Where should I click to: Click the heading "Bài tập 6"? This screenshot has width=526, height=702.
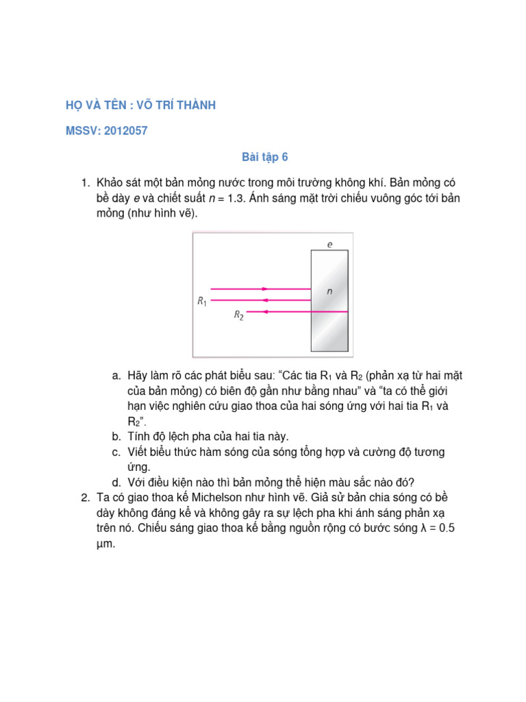[265, 158]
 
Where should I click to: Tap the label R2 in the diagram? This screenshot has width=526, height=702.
[238, 315]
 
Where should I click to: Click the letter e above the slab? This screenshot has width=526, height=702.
[329, 244]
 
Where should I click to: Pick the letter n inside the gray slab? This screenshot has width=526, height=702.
[329, 291]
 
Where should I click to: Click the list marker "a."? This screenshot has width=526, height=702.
[116, 376]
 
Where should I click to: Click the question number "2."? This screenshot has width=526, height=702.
[86, 496]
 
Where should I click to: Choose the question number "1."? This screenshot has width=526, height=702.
[86, 182]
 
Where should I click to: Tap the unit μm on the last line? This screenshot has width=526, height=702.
[104, 545]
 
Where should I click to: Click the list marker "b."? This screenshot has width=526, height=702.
[116, 436]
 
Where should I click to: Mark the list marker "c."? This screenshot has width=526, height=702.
[116, 452]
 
